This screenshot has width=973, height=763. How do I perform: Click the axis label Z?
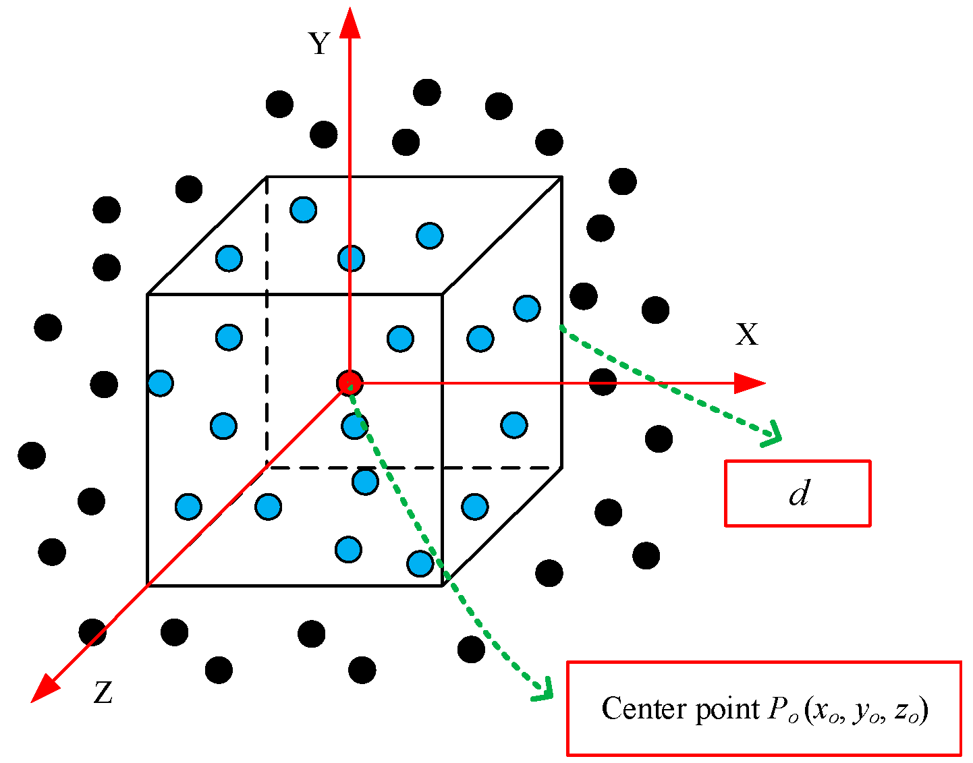[103, 693]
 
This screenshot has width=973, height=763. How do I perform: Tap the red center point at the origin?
[350, 383]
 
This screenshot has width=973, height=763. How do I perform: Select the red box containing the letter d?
[798, 493]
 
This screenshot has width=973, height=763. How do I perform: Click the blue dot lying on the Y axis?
[352, 258]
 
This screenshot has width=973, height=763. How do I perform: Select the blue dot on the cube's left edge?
[161, 383]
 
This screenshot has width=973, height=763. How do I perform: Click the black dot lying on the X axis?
[603, 382]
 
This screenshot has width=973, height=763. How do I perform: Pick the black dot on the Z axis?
[92, 632]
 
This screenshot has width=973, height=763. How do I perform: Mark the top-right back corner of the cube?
[561, 177]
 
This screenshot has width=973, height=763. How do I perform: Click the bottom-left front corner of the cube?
[148, 586]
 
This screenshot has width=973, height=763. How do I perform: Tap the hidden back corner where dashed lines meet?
[267, 467]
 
